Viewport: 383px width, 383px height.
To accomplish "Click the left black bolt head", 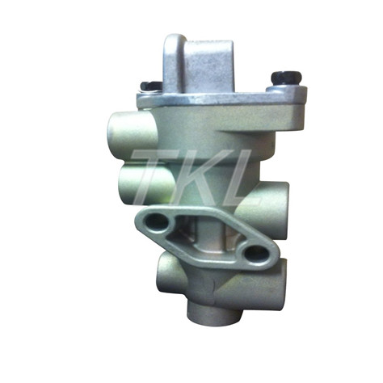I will [x=149, y=85].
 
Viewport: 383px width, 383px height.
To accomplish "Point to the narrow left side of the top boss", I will [x=167, y=65].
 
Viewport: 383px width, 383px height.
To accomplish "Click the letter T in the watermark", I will [x=151, y=174].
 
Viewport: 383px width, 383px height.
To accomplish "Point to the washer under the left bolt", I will [x=149, y=91].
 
